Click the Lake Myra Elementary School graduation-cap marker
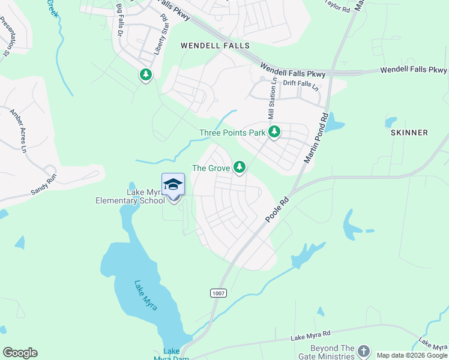click(173, 184)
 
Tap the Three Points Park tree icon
click(274, 131)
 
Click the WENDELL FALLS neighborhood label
click(215, 46)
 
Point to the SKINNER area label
click(409, 133)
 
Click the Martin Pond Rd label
click(316, 139)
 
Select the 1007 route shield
click(218, 292)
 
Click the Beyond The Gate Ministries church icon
click(364, 350)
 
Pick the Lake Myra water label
click(146, 296)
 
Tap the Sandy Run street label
click(47, 191)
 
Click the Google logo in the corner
click(20, 353)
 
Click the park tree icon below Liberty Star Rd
click(145, 76)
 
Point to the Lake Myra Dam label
click(171, 355)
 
